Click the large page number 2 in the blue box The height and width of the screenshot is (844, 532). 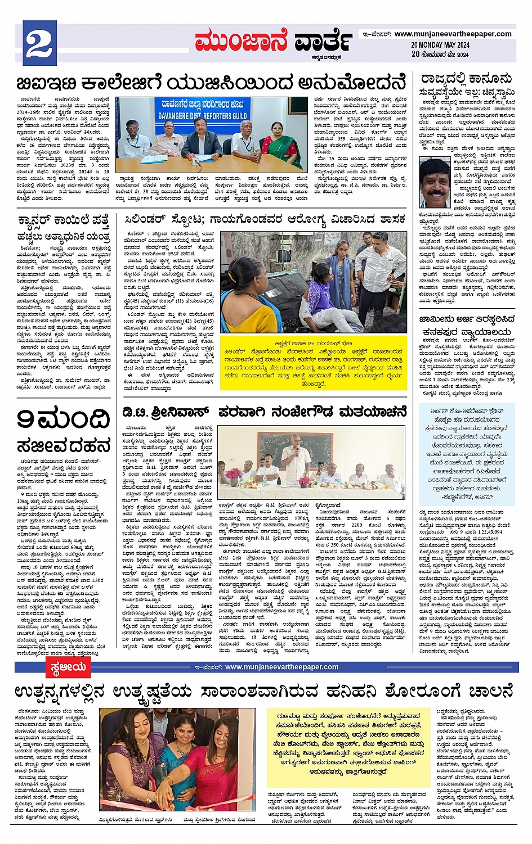[x=38, y=46]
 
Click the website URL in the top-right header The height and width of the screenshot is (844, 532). [x=453, y=34]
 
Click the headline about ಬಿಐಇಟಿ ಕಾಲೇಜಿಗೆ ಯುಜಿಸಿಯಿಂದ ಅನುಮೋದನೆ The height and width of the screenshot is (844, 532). [x=211, y=83]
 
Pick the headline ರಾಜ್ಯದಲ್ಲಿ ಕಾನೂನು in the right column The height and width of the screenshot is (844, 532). [x=466, y=78]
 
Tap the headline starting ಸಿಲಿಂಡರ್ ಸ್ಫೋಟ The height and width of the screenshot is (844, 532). [x=264, y=219]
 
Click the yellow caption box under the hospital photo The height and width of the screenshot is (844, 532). [x=313, y=371]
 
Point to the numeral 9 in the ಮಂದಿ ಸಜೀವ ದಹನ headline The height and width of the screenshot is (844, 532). [x=26, y=419]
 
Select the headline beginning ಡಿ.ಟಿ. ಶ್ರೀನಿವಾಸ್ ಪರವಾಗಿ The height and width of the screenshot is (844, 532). [x=264, y=412]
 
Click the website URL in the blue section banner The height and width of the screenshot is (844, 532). [x=281, y=667]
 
